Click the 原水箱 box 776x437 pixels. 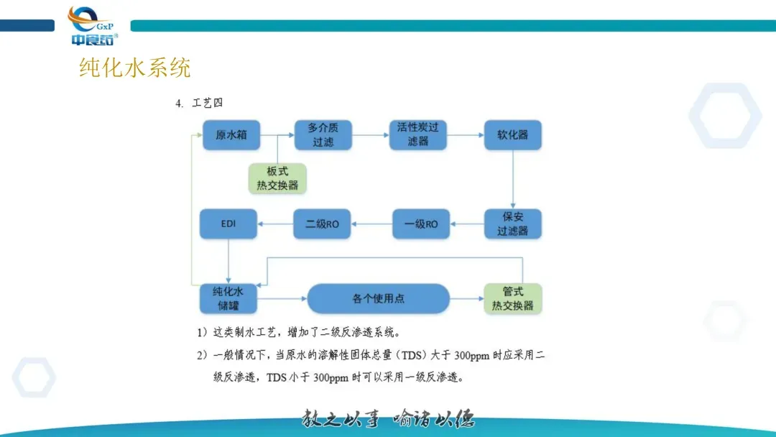pos(231,135)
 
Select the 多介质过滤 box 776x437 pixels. pos(323,135)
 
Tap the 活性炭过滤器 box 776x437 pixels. pos(417,135)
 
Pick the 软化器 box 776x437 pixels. pos(512,135)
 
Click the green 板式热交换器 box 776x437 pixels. pos(277,178)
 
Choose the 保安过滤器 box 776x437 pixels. pos(512,224)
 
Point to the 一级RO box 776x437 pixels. pos(421,224)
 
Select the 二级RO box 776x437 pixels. pos(323,224)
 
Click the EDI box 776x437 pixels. pos(228,224)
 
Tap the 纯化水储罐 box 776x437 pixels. pos(228,298)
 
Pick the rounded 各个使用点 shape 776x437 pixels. pos(379,298)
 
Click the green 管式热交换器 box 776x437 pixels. pos(512,298)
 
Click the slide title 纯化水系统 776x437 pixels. pos(135,68)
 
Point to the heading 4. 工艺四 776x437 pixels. pos(199,103)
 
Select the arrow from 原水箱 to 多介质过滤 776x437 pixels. pos(277,135)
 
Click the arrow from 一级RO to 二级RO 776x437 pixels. pos(372,224)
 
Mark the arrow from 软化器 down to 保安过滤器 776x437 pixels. pos(512,180)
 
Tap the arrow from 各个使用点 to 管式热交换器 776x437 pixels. pos(466,298)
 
